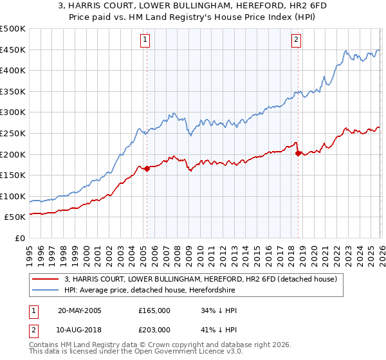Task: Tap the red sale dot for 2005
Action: pyautogui.click(x=147, y=169)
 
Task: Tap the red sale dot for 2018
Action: pyautogui.click(x=298, y=153)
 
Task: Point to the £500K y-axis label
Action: pyautogui.click(x=13, y=29)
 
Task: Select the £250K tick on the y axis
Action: pyautogui.click(x=13, y=133)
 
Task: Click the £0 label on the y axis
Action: pyautogui.click(x=20, y=238)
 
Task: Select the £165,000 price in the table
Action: pyautogui.click(x=154, y=310)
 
